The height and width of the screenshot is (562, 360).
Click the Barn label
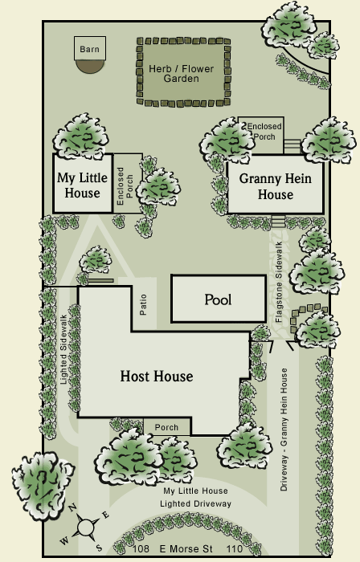click(89, 49)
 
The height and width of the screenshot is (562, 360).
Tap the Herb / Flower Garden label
click(182, 74)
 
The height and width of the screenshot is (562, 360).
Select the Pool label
click(218, 299)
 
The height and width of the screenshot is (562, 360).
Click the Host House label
click(157, 376)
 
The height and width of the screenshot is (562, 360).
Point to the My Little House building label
click(83, 185)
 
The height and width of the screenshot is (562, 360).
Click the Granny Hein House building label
click(276, 186)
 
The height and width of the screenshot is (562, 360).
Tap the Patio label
click(143, 304)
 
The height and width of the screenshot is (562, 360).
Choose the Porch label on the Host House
click(166, 427)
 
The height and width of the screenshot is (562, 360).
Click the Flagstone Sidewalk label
click(279, 282)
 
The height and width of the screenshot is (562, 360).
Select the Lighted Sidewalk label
click(63, 349)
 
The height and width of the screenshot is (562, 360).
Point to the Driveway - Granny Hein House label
click(284, 430)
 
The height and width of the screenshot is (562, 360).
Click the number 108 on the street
click(141, 548)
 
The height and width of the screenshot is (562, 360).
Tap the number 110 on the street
click(235, 548)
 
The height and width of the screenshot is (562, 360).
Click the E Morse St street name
click(186, 548)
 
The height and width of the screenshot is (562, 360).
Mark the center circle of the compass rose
click(85, 527)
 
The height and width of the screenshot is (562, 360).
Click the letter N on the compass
click(72, 507)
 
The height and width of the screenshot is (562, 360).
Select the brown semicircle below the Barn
click(90, 67)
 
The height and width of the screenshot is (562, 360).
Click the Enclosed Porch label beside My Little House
click(125, 186)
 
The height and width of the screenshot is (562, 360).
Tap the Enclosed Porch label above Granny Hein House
click(264, 132)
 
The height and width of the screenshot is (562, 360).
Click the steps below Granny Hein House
click(278, 221)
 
